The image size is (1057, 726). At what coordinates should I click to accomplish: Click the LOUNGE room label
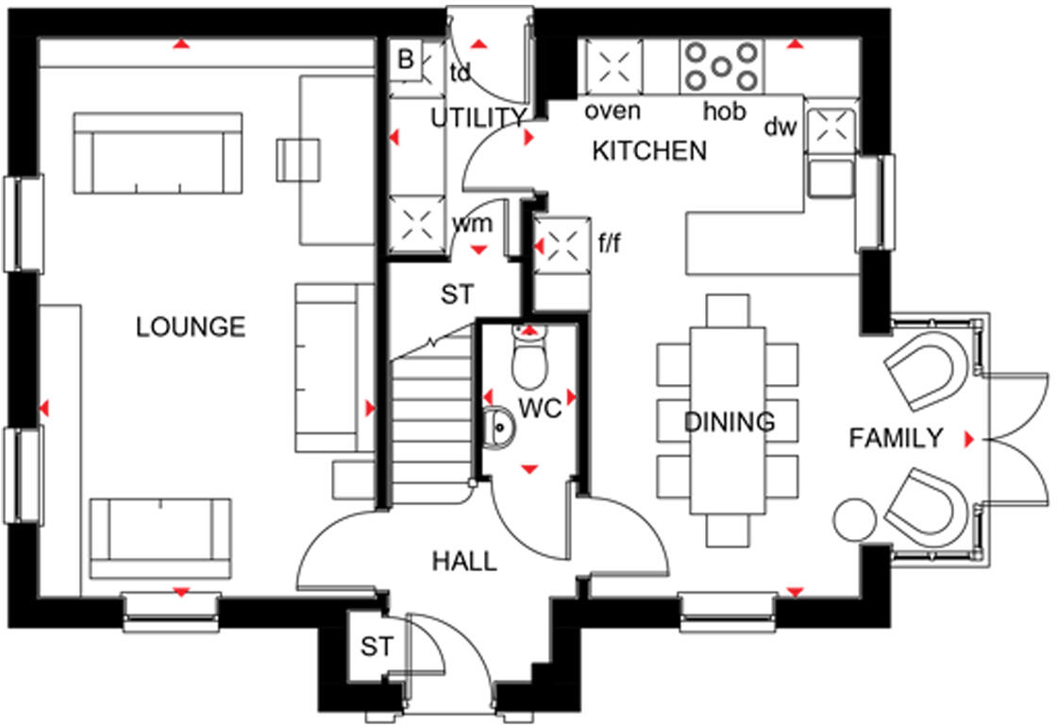[191, 328]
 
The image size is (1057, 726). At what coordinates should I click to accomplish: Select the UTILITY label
[478, 118]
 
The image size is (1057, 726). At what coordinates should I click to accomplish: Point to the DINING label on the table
[730, 422]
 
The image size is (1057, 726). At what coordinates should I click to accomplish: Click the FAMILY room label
[896, 438]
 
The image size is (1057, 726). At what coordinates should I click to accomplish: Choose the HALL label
[464, 562]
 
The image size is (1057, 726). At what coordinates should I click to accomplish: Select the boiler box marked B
[406, 60]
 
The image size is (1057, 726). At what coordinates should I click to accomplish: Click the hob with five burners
[722, 66]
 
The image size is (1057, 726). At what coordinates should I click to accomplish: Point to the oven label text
[612, 111]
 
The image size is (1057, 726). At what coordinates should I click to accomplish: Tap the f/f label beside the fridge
[611, 245]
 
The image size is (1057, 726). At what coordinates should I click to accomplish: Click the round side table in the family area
[855, 521]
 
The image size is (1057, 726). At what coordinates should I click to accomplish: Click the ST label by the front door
[376, 648]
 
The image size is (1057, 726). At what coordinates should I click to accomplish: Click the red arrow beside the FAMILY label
[968, 439]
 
